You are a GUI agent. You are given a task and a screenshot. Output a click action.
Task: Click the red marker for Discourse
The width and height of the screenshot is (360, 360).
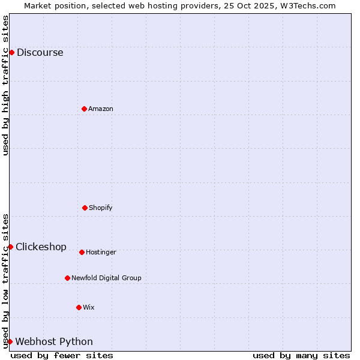(11, 52)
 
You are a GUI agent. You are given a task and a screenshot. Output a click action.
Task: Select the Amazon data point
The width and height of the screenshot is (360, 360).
(84, 109)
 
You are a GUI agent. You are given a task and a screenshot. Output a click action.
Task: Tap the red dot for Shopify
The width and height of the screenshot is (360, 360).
(85, 208)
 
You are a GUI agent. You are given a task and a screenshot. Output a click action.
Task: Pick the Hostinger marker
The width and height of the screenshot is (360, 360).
(82, 252)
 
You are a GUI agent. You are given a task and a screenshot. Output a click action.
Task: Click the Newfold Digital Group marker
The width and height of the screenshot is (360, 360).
(67, 278)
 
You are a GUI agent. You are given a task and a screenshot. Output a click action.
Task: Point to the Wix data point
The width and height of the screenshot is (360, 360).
(79, 307)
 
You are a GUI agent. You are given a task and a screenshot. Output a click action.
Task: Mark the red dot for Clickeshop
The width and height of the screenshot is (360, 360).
(10, 247)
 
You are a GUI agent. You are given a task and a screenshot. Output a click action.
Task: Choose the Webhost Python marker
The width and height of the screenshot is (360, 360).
(10, 341)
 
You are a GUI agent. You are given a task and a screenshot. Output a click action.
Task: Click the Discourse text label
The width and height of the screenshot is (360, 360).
(40, 52)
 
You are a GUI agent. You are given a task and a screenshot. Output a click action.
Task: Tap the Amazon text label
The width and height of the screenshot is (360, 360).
(101, 109)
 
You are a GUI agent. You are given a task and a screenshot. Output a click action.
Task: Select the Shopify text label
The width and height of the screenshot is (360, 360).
(101, 208)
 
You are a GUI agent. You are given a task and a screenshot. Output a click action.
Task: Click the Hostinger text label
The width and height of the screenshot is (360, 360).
(101, 252)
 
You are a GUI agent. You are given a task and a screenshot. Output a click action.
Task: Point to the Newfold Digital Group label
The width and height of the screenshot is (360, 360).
(106, 278)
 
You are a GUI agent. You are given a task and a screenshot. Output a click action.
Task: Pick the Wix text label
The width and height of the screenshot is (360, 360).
(89, 307)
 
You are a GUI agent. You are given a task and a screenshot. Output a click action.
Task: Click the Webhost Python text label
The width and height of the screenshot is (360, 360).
(54, 341)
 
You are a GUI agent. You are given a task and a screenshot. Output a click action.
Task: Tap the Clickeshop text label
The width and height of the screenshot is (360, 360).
(41, 247)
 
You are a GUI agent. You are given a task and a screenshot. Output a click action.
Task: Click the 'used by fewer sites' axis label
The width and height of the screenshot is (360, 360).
(62, 355)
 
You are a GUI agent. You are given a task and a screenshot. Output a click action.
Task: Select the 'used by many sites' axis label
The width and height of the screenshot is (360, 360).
(301, 355)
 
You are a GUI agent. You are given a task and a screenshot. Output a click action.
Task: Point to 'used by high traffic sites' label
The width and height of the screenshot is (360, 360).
(5, 85)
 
